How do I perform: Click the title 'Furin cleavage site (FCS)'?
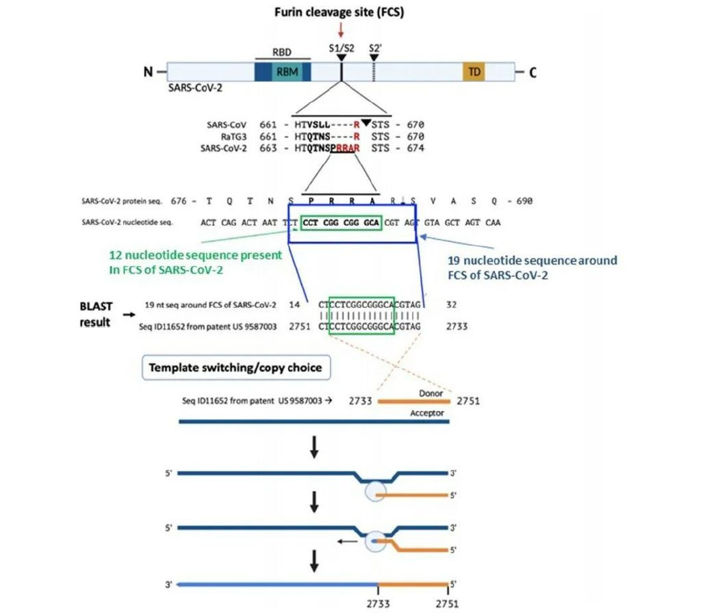point(340,12)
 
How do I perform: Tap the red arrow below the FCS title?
point(340,31)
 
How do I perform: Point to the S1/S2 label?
point(340,49)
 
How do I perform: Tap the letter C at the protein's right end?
point(532,72)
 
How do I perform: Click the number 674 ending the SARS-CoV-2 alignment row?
point(414,148)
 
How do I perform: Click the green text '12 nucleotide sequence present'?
point(196,256)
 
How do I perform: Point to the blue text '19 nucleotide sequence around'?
point(532,261)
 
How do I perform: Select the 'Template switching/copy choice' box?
point(235,367)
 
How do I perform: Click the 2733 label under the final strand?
point(377,604)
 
